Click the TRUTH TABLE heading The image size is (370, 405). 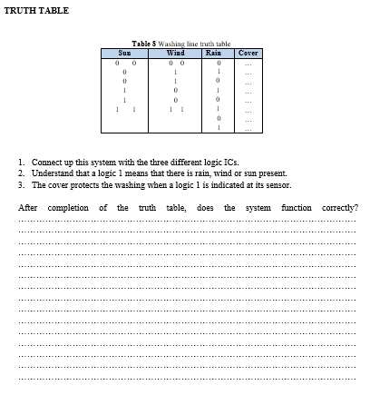click(36, 10)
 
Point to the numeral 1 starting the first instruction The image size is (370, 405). click(21, 163)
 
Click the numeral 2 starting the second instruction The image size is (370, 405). click(21, 173)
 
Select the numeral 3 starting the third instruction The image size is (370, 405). click(21, 183)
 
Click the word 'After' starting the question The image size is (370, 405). click(29, 208)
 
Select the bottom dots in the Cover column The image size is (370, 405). click(248, 128)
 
